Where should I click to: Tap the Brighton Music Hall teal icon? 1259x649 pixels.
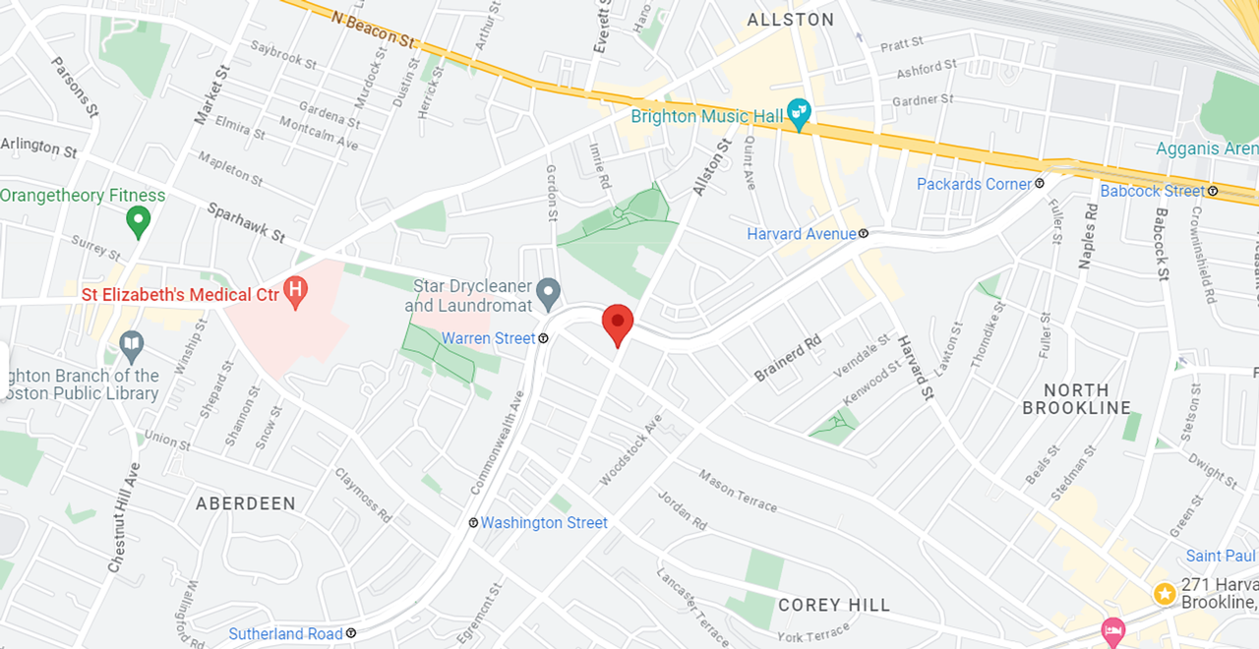coord(799,114)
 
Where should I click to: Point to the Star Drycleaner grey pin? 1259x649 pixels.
coord(548,291)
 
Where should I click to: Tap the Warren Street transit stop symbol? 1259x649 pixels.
coord(543,338)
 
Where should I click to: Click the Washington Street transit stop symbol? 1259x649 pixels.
coord(473,523)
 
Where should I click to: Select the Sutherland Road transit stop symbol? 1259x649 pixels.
coord(351,633)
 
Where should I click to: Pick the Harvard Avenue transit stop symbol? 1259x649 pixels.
coord(863,234)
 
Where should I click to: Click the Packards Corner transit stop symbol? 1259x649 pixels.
coord(1040,184)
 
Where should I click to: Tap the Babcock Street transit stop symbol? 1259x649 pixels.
coord(1213,191)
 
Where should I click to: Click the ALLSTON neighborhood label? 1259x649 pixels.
coord(790,20)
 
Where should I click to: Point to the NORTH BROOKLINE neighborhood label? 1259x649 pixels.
coord(1076,398)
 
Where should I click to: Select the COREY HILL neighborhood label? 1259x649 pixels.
coord(833,605)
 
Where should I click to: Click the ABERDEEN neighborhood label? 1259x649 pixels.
coord(245,503)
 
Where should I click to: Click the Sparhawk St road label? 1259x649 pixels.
coord(246,222)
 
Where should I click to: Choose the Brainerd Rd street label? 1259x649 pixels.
coord(787,360)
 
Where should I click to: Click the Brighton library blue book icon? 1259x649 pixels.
coord(131,344)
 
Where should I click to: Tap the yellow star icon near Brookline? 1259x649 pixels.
coord(1165,594)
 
